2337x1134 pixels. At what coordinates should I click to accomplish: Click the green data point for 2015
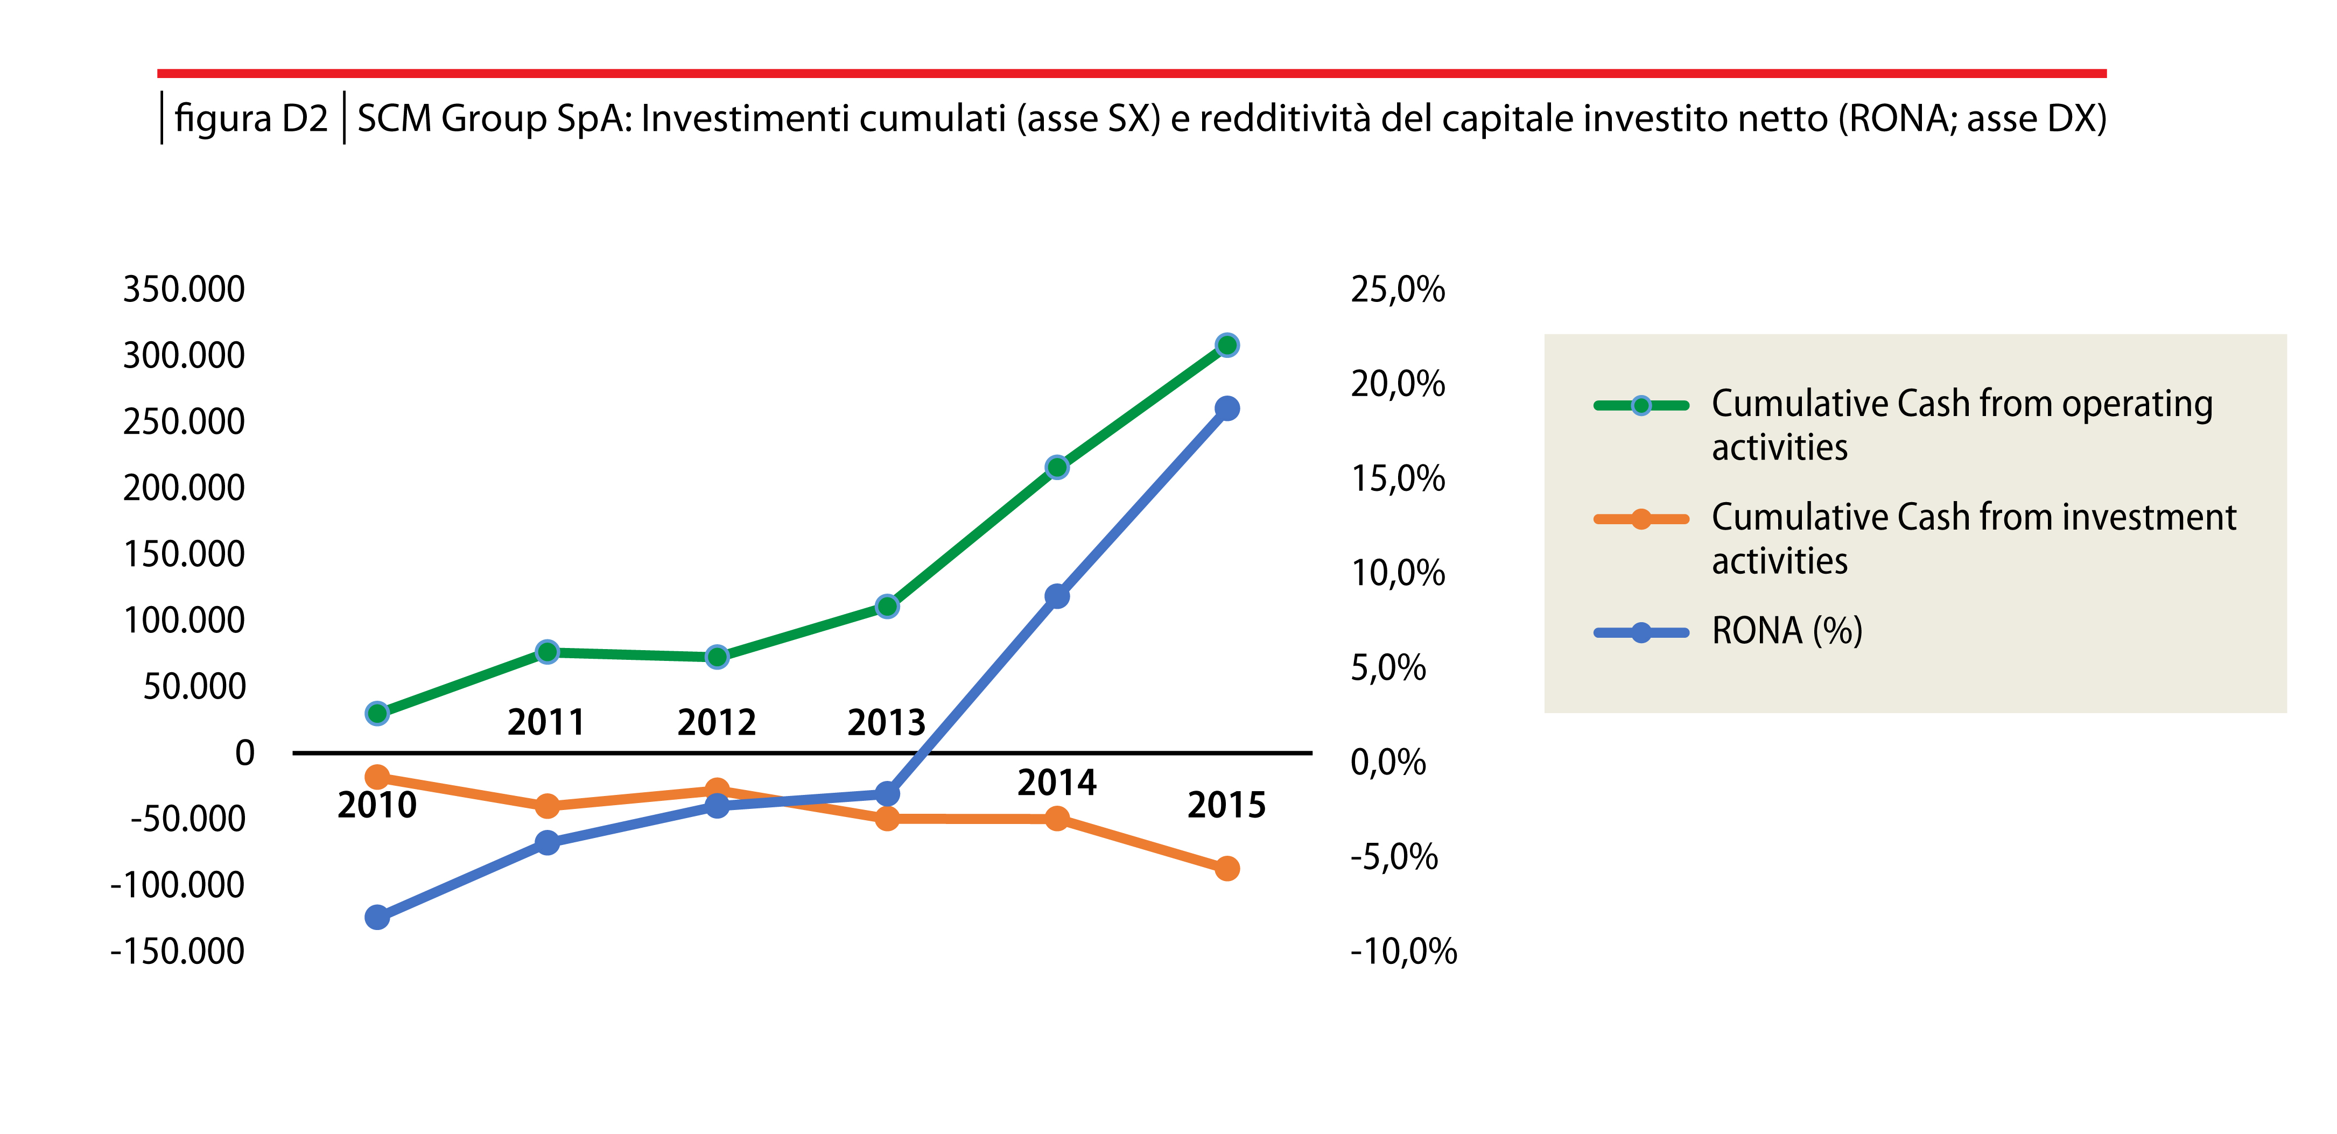1226,345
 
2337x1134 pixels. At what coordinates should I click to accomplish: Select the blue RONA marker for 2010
377,917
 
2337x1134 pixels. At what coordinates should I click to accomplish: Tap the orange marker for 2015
1226,868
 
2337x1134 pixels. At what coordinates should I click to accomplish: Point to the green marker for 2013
887,606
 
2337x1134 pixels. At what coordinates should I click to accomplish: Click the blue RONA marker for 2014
1057,596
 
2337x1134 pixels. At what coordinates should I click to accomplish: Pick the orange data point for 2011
547,806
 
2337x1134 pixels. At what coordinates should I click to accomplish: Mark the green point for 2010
377,713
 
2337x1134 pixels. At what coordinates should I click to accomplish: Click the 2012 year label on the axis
717,723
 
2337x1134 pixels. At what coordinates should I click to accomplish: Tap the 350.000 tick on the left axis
184,290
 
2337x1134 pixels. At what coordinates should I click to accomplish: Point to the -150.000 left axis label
178,952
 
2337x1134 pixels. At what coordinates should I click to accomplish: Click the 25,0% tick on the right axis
1397,290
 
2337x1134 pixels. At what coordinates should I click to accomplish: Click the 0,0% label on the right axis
1388,762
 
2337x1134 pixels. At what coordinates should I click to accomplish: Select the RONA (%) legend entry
1786,630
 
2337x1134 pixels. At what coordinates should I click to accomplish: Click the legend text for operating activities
1961,425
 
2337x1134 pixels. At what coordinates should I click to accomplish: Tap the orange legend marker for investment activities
1640,519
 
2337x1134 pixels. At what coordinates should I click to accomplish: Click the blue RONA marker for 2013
887,794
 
